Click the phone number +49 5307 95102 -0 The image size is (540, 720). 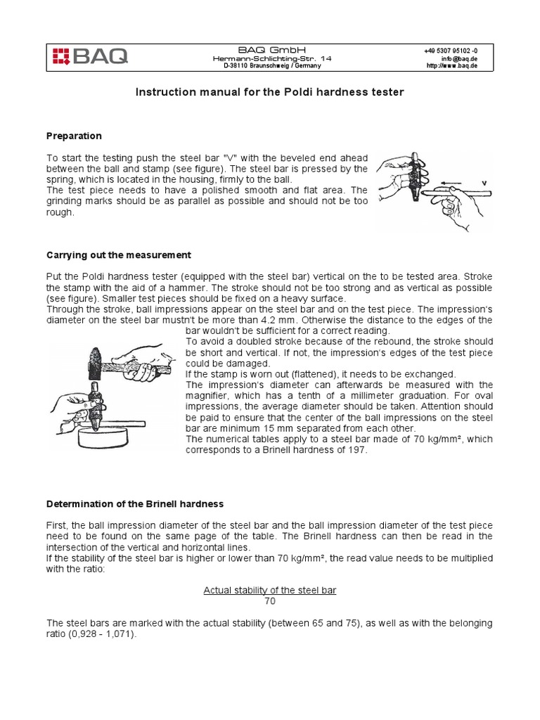coord(451,50)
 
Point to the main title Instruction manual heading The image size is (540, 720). coord(270,92)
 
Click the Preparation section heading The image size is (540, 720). coord(74,136)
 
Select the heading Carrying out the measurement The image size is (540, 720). coord(118,255)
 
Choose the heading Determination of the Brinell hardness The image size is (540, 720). coord(134,503)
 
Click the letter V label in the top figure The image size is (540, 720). coord(483,183)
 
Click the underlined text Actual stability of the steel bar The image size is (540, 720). coord(269,590)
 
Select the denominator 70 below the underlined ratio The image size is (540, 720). coord(270,601)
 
